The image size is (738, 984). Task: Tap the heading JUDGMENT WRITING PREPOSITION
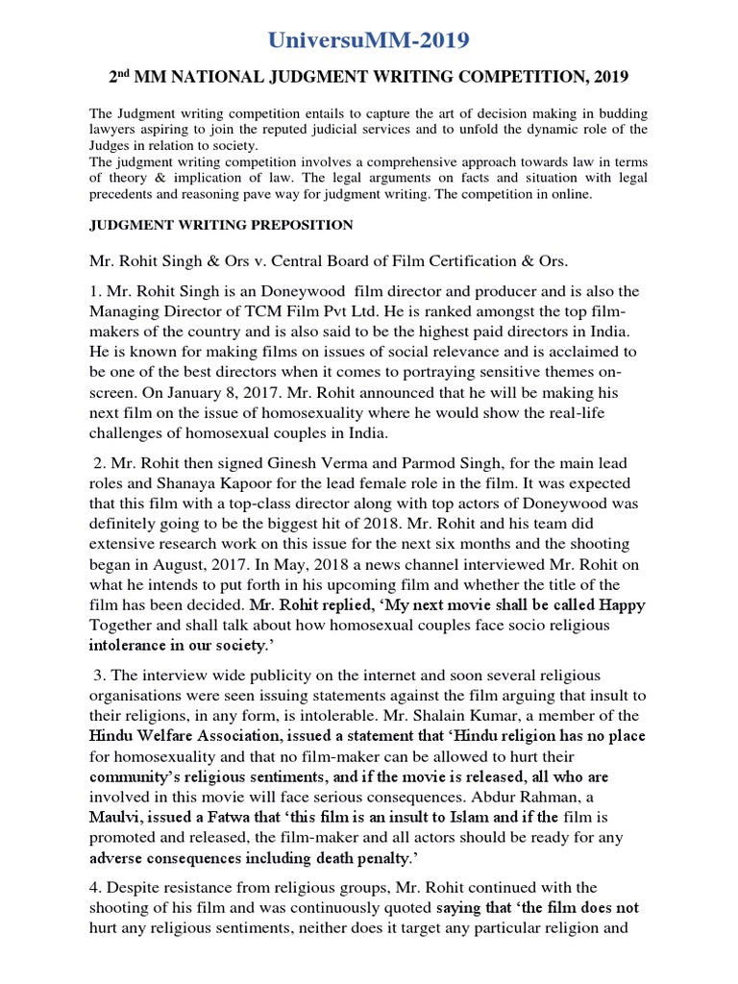(x=221, y=226)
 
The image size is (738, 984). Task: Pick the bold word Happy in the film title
(x=622, y=604)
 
